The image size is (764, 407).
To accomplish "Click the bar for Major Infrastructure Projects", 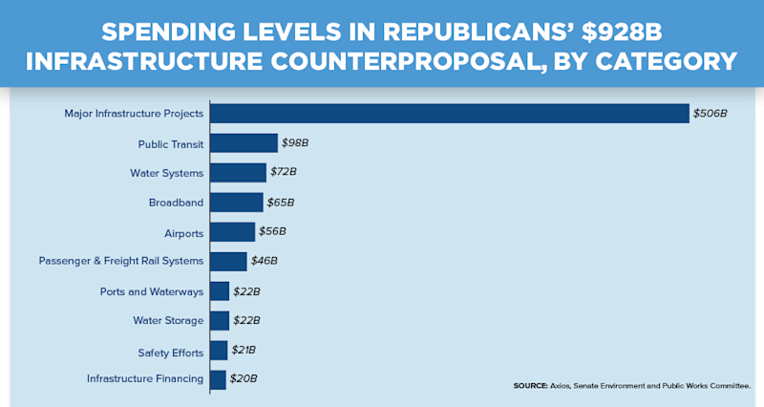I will click(449, 113).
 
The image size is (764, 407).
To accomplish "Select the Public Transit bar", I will click(244, 143).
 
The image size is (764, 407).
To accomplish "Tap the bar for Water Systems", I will click(238, 173).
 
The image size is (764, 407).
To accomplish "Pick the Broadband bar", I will click(236, 203).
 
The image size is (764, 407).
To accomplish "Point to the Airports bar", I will click(232, 232).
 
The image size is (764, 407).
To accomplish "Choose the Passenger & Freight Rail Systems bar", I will click(227, 261).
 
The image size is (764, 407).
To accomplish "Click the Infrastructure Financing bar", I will click(218, 379).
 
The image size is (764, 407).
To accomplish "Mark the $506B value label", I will click(711, 114).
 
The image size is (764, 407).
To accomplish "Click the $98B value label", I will click(295, 143).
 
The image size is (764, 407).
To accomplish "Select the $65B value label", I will click(280, 203).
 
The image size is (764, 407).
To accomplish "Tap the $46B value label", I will click(264, 261).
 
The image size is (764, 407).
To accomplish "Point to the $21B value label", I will click(244, 350).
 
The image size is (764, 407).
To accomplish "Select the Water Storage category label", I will click(168, 320).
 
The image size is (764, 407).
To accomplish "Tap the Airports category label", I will click(183, 232).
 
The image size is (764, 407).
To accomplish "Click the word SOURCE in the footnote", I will click(530, 385).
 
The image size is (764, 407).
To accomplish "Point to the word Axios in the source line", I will click(562, 385).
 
